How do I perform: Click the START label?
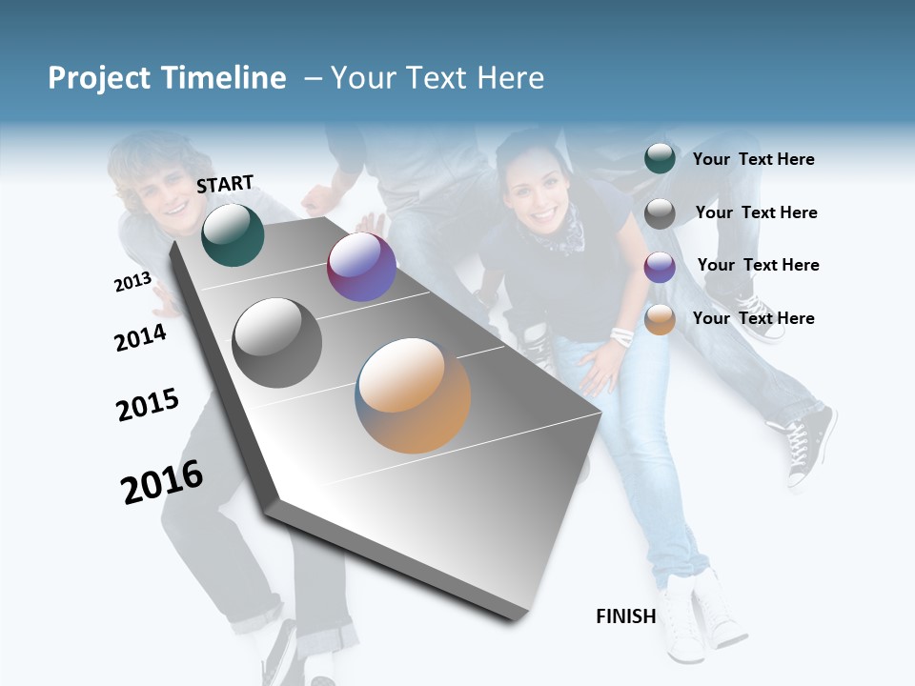(225, 184)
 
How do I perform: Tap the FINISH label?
(625, 616)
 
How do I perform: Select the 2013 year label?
(132, 281)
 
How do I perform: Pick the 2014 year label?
(140, 337)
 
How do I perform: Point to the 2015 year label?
(148, 405)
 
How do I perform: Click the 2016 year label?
(162, 482)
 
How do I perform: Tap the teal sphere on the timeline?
(233, 234)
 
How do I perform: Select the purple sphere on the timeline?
(361, 267)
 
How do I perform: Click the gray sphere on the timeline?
(277, 342)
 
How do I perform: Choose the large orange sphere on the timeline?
(413, 394)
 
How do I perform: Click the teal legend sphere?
(660, 159)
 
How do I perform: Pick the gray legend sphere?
(660, 213)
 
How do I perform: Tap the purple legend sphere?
(660, 267)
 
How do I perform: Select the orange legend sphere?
(660, 319)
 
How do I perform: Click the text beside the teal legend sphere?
(753, 160)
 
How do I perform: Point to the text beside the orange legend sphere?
(753, 318)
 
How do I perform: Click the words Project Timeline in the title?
(167, 78)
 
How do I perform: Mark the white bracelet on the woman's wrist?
(622, 335)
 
